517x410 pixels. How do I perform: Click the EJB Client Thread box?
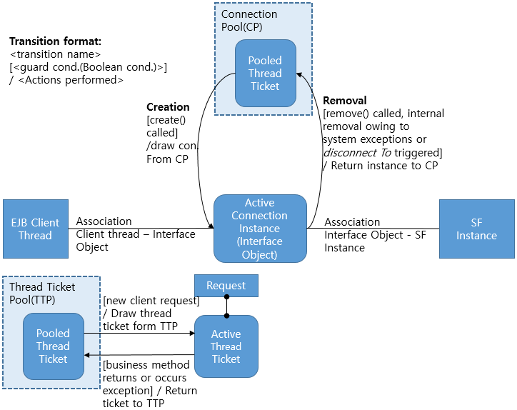click(x=36, y=229)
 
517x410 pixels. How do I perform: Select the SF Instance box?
click(x=476, y=229)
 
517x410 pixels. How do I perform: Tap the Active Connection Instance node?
click(x=261, y=229)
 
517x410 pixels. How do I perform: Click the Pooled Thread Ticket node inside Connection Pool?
click(x=265, y=73)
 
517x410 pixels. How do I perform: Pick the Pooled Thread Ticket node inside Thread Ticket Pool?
click(x=53, y=346)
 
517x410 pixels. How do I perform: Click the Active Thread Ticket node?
click(x=226, y=346)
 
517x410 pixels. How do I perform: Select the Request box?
click(x=226, y=286)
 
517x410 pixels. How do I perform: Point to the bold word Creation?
click(x=168, y=107)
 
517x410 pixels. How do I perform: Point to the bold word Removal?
click(x=345, y=101)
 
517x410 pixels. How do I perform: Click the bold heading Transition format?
click(x=56, y=41)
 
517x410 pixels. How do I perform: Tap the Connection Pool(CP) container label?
click(x=249, y=20)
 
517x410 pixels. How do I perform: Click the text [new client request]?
click(x=151, y=301)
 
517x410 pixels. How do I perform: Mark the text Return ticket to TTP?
click(x=150, y=397)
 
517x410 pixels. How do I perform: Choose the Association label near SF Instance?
click(x=352, y=222)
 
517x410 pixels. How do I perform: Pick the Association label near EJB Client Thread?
click(x=104, y=221)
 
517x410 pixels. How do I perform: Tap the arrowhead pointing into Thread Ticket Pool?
click(x=87, y=355)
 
